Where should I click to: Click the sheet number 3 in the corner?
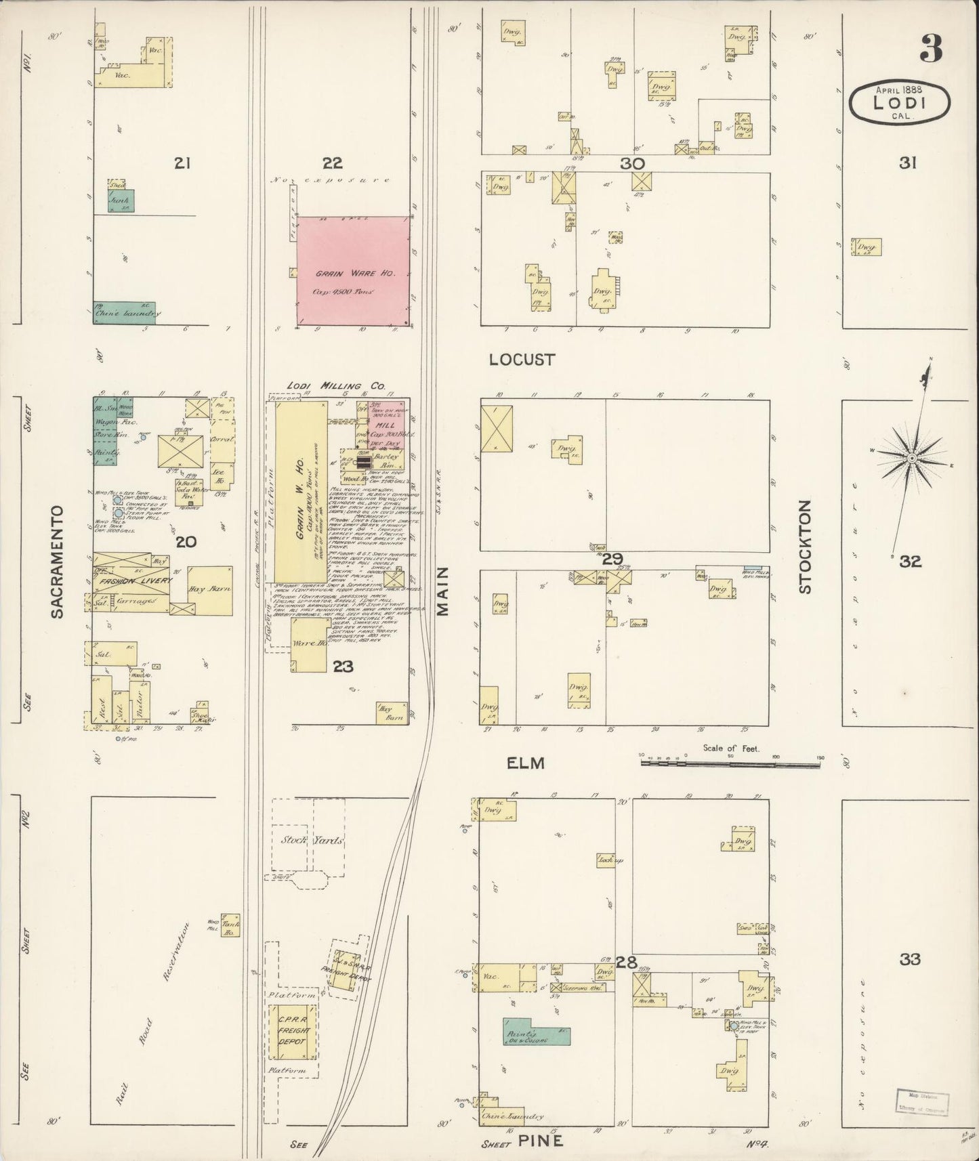click(931, 49)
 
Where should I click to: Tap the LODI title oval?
click(900, 102)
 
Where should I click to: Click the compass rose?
click(912, 458)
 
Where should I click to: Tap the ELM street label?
click(526, 763)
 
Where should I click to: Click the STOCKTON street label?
click(804, 547)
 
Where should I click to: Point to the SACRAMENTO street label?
click(57, 561)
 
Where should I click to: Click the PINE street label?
click(541, 1141)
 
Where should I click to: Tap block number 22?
click(332, 163)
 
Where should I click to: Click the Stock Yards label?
click(309, 840)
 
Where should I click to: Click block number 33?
click(911, 959)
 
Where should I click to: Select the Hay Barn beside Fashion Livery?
click(210, 589)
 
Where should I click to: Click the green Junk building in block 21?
click(122, 200)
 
